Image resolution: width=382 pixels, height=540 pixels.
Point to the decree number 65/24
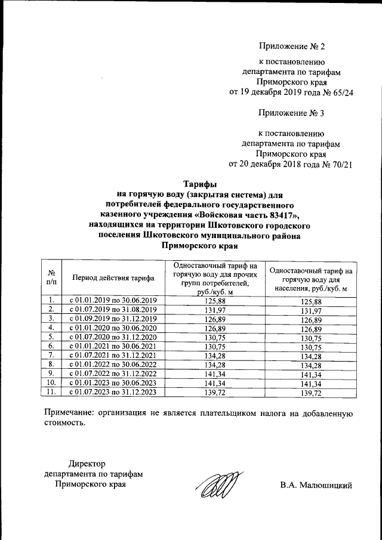332,92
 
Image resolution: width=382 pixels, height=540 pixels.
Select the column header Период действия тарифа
113,278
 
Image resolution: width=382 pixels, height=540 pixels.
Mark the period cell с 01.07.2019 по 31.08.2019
113,309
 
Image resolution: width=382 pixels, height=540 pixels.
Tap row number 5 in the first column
51,337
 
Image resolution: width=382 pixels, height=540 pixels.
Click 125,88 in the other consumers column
213,300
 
